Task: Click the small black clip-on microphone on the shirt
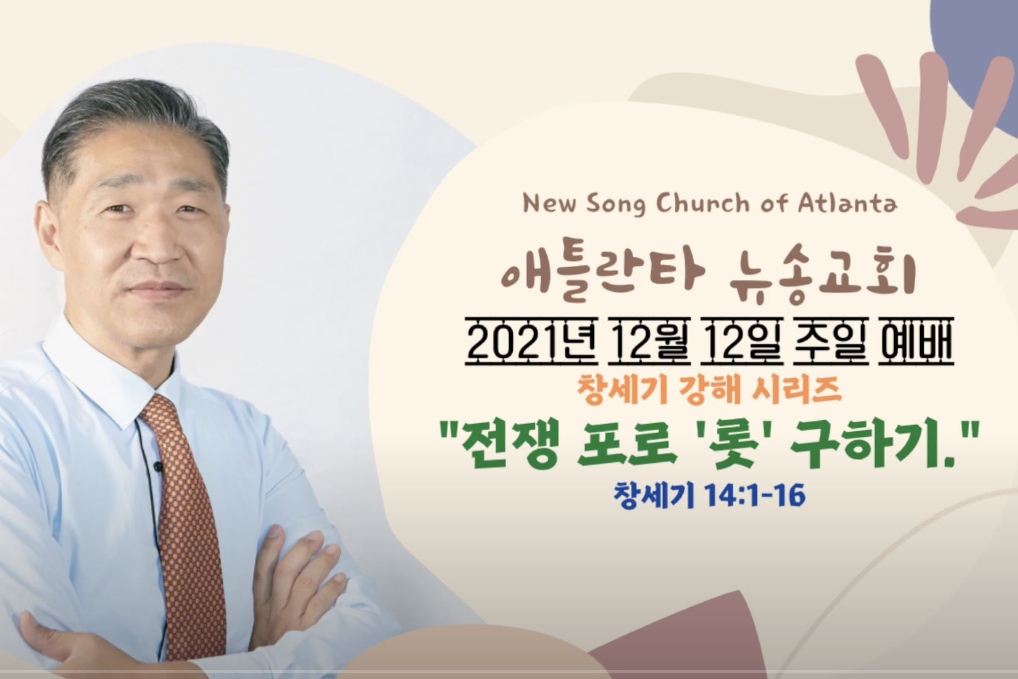coord(158,467)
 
